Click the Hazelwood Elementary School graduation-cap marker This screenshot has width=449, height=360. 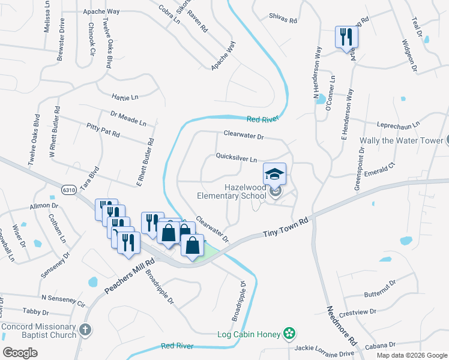275,175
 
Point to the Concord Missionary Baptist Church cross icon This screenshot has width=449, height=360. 85,329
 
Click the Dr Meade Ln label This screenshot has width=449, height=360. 128,118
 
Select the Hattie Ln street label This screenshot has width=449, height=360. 125,96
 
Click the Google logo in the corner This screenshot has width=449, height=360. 20,353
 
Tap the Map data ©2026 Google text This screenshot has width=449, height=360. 411,355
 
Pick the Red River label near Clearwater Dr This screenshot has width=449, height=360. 263,119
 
